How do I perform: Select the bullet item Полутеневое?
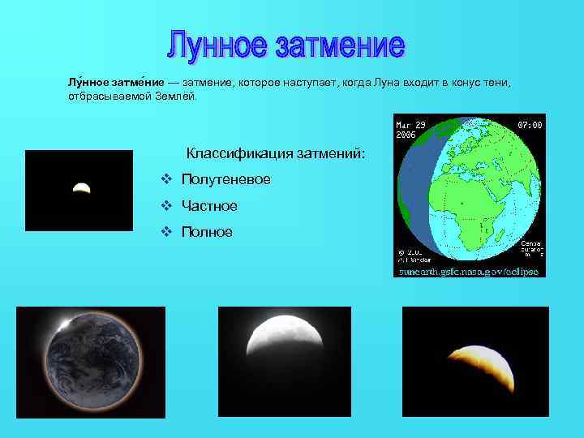(x=225, y=179)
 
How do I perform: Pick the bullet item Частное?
(x=209, y=206)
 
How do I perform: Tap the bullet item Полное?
(x=207, y=232)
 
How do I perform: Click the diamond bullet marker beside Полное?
(x=165, y=232)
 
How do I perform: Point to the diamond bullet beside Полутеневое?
(x=165, y=179)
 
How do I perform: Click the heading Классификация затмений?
(x=276, y=152)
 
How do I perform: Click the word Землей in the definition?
(x=174, y=97)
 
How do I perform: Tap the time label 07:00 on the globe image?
(x=530, y=126)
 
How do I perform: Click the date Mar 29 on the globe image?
(x=410, y=126)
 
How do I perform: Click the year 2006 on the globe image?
(x=406, y=135)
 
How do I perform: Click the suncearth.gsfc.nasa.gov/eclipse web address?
(x=468, y=272)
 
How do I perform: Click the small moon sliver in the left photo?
(x=81, y=187)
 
